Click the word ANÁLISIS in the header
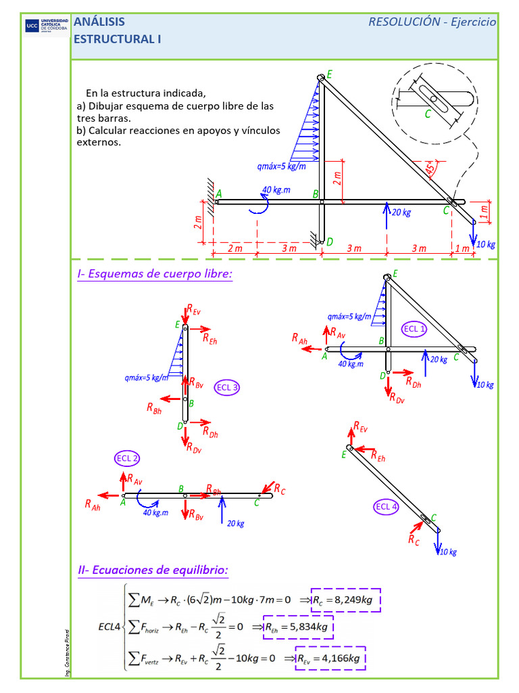click(99, 22)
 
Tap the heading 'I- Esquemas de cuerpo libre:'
click(155, 274)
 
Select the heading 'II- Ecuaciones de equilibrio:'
click(153, 571)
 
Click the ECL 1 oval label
click(414, 329)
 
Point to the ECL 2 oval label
click(127, 459)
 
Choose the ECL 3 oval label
click(227, 388)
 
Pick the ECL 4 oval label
click(387, 507)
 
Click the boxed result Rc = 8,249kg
click(346, 600)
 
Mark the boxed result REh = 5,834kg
click(299, 628)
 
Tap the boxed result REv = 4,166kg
click(329, 657)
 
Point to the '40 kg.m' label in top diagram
click(276, 190)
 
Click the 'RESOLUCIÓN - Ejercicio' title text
click(432, 22)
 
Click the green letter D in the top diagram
click(329, 242)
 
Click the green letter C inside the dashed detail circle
click(427, 114)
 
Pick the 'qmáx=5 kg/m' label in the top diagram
click(281, 166)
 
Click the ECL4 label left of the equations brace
click(110, 627)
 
